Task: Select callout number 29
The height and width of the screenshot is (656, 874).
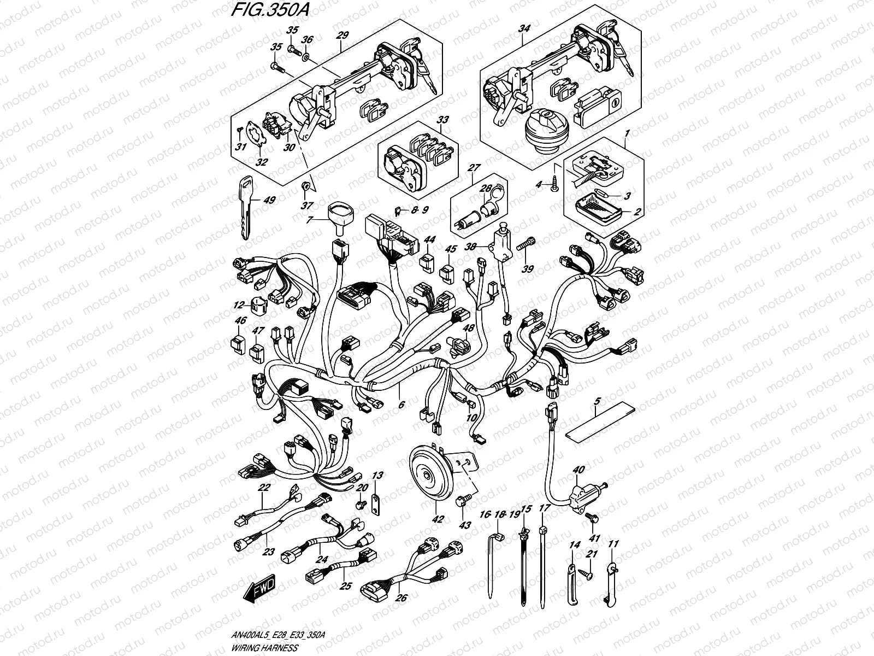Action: point(342,34)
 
